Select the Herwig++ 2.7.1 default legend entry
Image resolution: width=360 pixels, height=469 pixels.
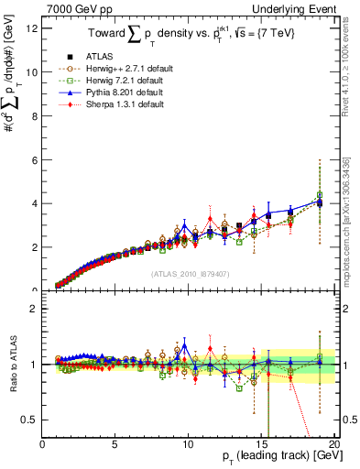pyautogui.click(x=127, y=69)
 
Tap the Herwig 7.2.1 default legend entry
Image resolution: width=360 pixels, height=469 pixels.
pyautogui.click(x=125, y=81)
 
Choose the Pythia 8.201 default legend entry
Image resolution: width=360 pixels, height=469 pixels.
pyautogui.click(x=124, y=93)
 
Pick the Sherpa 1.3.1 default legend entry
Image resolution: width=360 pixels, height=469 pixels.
pyautogui.click(x=124, y=104)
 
